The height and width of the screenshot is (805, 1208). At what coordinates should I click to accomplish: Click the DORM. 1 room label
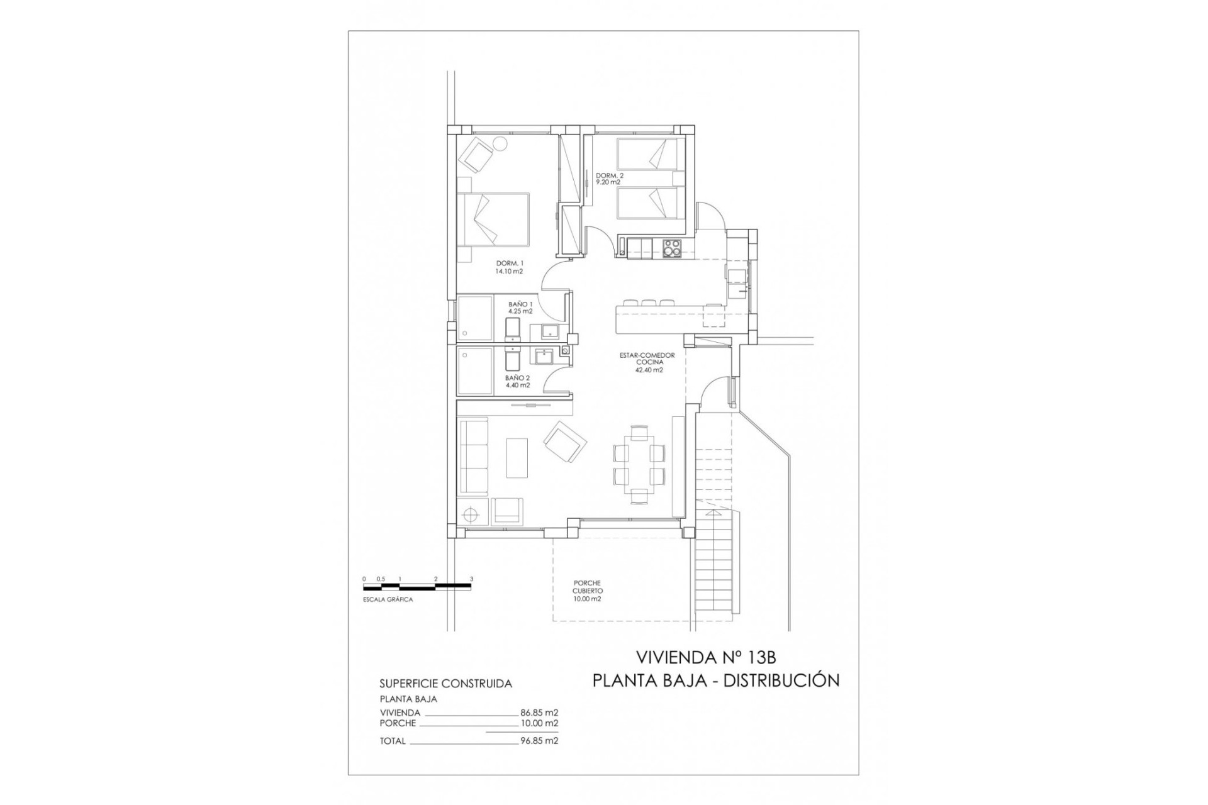[x=509, y=267]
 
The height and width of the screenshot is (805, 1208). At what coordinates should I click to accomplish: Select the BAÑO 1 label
[x=520, y=308]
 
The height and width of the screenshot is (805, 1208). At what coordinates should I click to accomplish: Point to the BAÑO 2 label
[x=517, y=382]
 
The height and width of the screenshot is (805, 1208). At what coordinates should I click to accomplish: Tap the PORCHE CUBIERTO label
[x=587, y=591]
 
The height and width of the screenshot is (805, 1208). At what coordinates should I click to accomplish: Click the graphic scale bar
[x=417, y=587]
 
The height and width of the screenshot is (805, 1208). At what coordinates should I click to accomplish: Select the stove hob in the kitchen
[x=672, y=248]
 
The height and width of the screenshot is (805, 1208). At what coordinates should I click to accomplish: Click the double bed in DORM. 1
[x=493, y=219]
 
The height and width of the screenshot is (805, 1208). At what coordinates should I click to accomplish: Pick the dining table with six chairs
[x=639, y=463]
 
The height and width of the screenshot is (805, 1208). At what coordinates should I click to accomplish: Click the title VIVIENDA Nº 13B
[x=706, y=658]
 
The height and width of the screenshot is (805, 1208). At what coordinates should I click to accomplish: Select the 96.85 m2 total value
[x=539, y=741]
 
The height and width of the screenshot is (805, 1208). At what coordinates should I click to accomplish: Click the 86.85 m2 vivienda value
[x=539, y=713]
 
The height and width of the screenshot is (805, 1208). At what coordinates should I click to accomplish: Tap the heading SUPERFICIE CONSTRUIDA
[x=445, y=684]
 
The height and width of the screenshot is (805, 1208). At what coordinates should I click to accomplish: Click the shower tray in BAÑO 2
[x=476, y=372]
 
